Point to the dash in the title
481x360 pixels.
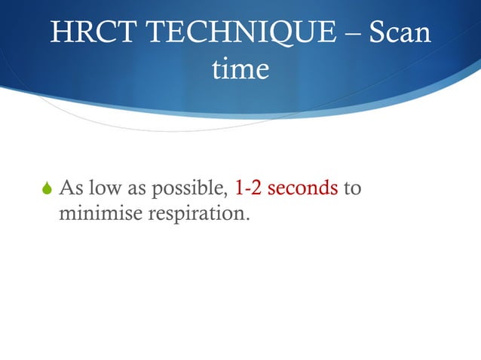pos(353,34)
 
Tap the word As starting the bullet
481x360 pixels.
pos(71,187)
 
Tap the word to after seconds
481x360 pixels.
pos(352,187)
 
